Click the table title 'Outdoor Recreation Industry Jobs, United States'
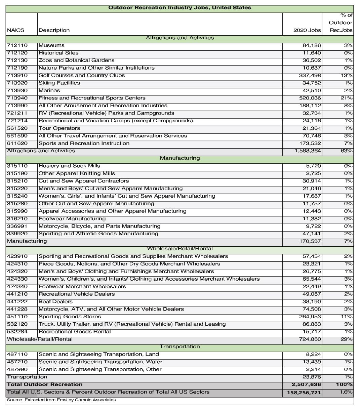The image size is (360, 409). [179, 8]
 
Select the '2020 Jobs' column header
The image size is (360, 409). [307, 30]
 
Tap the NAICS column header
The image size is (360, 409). [15, 30]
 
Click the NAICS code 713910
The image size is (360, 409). [17, 76]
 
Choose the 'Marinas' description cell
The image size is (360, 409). [49, 91]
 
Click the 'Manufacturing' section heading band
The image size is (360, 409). [179, 158]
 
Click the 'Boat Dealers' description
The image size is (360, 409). [55, 302]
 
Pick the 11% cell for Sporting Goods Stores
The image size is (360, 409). [346, 317]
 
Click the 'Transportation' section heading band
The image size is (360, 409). [179, 346]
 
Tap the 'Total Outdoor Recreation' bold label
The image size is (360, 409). [45, 384]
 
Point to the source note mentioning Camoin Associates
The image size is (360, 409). [61, 400]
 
